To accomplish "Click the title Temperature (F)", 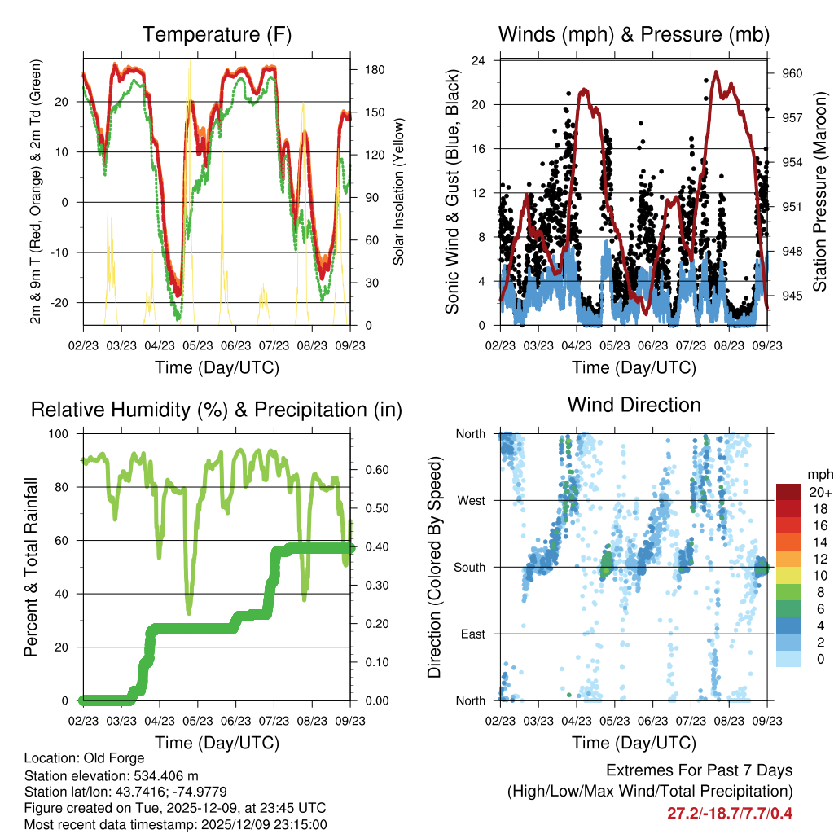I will point(216,35).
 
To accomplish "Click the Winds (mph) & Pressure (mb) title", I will point(634,35).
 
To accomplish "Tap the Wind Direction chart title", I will point(634,405).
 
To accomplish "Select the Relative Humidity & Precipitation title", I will point(216,410).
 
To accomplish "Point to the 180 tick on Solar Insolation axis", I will point(364,71).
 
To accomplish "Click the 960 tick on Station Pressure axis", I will point(792,73).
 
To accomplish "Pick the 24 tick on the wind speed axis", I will point(479,61).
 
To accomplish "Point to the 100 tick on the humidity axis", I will point(60,434).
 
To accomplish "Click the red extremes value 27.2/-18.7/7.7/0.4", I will point(730,814).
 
